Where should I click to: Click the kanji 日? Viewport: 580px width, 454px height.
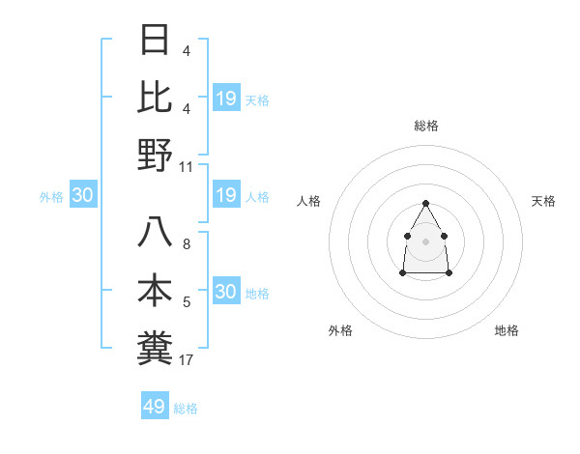[x=156, y=41]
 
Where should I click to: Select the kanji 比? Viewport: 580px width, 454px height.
[x=156, y=97]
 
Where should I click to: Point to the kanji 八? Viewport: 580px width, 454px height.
[x=156, y=233]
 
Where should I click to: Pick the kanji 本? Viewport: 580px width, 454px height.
[x=156, y=291]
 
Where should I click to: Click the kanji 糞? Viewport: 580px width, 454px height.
[x=156, y=348]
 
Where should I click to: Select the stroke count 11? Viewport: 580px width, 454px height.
[x=187, y=167]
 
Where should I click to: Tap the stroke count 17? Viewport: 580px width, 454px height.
[x=187, y=360]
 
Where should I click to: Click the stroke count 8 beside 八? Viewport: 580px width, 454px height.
[x=187, y=244]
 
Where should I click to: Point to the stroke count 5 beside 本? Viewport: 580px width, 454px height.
[x=187, y=302]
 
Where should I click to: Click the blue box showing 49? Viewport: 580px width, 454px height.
[x=155, y=407]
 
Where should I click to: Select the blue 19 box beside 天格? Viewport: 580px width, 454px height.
[x=226, y=99]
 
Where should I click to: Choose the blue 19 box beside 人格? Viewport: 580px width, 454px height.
[x=226, y=196]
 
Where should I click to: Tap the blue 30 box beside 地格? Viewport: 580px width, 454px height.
[x=226, y=292]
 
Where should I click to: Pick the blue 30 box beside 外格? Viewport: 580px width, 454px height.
[x=83, y=196]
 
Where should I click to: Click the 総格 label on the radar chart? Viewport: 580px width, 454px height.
[x=426, y=126]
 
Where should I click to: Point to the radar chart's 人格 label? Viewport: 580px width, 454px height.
[x=309, y=201]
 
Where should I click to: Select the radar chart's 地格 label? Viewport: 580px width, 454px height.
[x=507, y=330]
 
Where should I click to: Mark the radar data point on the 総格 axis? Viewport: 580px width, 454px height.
[x=425, y=203]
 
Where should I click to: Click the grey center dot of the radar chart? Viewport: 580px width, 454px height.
[x=425, y=241]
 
